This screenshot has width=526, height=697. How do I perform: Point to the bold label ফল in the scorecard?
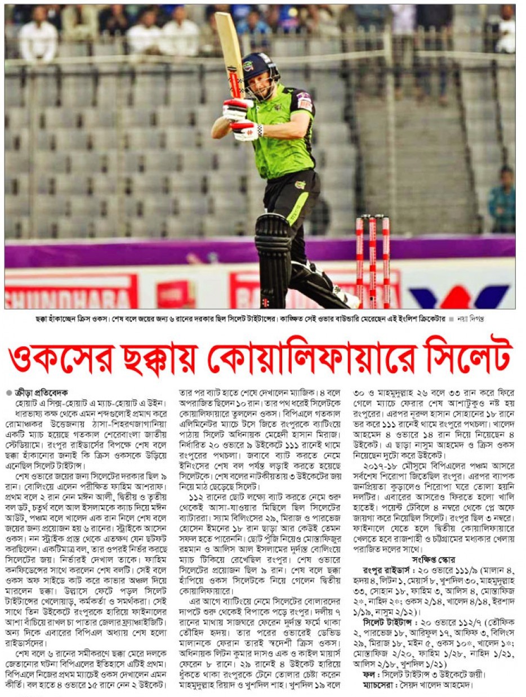369,674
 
